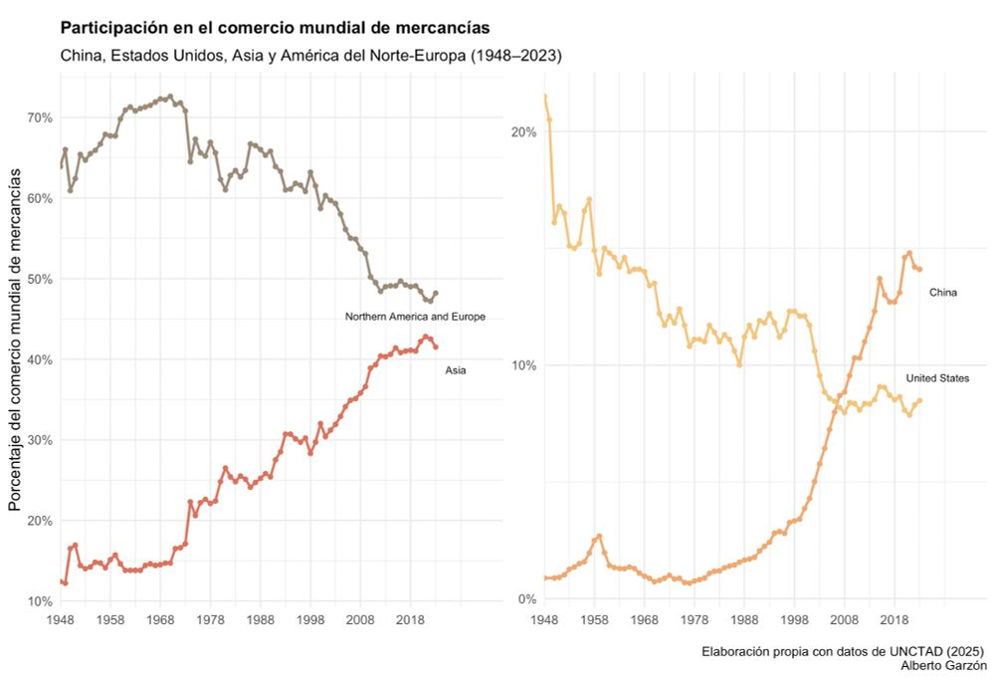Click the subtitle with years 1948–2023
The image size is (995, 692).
tap(311, 56)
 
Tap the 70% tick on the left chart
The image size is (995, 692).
tap(40, 117)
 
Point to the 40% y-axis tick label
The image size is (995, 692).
tap(40, 359)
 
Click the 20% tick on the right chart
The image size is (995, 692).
tap(523, 131)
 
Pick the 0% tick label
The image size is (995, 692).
tap(526, 599)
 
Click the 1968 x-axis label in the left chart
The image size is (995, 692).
tap(160, 619)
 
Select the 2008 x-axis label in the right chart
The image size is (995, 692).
tap(845, 619)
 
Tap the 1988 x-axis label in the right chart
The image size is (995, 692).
tap(744, 619)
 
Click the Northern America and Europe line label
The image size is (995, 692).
tap(415, 317)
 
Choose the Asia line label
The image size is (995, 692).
tap(455, 370)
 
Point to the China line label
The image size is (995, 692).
tap(942, 293)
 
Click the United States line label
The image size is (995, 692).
tap(937, 378)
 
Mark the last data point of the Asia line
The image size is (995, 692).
tap(436, 346)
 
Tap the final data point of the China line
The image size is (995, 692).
tap(919, 269)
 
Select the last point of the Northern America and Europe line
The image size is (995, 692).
tap(436, 294)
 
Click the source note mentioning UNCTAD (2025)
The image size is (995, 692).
tap(844, 651)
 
